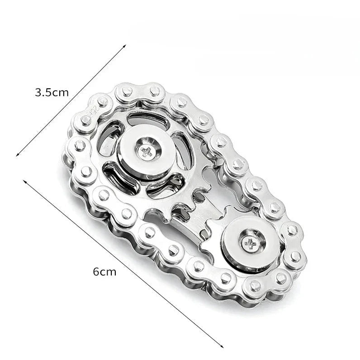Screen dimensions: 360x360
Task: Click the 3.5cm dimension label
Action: click(52, 92)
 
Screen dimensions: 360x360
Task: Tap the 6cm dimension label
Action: click(104, 272)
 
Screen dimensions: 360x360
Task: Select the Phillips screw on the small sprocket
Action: click(250, 243)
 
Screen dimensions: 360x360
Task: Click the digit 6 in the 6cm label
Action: click(96, 272)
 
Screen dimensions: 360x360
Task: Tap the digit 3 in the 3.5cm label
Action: click(38, 92)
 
